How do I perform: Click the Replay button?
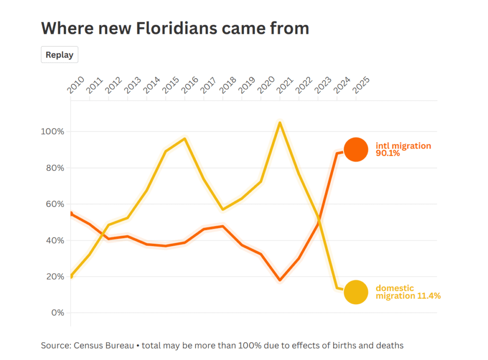coord(60,55)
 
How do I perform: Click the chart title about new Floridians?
coord(175,28)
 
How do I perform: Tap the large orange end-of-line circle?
coord(356,150)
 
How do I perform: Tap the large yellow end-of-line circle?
coord(356,292)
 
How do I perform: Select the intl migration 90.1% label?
coord(403,150)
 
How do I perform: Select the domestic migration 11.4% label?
coord(408,292)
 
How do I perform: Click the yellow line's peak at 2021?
coord(280,123)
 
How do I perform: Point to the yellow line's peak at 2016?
coord(184,139)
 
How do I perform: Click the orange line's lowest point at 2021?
coord(280,280)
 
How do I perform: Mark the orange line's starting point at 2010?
coord(71,213)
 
